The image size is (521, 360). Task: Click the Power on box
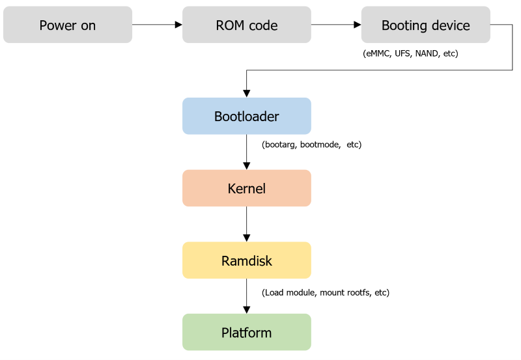point(68,25)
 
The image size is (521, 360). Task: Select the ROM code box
point(246,25)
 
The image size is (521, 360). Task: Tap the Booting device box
point(425,25)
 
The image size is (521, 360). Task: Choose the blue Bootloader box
point(246,117)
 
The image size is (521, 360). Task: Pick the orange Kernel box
point(246,188)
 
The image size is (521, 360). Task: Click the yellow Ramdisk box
point(246,260)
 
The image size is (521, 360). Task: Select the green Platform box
point(246,333)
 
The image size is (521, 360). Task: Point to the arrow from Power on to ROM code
point(157,25)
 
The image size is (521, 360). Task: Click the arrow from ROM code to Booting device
point(336,25)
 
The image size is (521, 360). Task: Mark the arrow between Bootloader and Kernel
point(246,152)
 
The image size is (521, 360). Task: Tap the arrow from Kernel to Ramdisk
point(246,224)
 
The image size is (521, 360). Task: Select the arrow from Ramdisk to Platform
point(246,296)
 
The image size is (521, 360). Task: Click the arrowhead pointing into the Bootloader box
point(246,94)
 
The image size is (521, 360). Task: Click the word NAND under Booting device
point(427,53)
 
